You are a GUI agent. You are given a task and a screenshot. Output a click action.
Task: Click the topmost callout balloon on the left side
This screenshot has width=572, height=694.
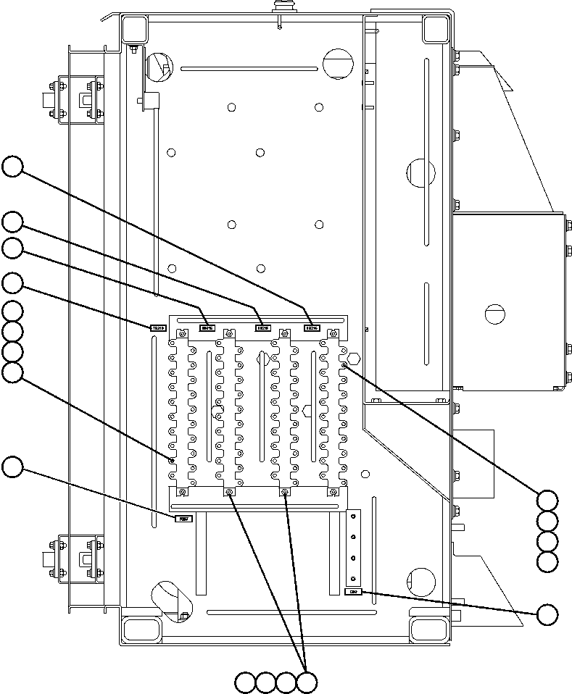(x=12, y=167)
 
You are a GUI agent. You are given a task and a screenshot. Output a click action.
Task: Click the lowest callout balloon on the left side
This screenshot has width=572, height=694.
(x=12, y=467)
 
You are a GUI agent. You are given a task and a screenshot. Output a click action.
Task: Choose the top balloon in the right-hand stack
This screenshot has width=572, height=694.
(x=547, y=500)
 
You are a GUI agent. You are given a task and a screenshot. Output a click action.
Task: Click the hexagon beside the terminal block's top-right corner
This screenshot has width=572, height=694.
(x=354, y=358)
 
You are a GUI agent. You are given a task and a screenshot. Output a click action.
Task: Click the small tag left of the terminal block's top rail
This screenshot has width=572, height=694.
(x=158, y=328)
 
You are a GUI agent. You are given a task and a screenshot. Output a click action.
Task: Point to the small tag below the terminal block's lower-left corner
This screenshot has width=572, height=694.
(x=185, y=518)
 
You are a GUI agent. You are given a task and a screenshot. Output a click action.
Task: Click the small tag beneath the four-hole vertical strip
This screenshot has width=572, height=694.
(x=353, y=593)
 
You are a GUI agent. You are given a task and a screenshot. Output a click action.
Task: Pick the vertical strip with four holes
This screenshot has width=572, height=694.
(x=354, y=547)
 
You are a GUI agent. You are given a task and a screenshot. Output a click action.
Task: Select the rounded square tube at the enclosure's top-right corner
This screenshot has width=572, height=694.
(x=435, y=30)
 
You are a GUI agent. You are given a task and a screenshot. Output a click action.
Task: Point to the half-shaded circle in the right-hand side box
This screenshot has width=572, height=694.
(x=494, y=313)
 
